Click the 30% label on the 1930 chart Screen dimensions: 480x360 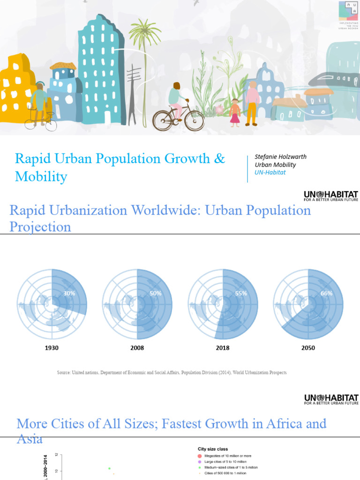(70, 294)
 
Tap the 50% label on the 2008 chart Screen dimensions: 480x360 (156, 293)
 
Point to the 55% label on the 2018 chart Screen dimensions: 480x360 (241, 293)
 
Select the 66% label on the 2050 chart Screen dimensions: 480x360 (327, 293)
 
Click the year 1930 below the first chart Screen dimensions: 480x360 (52, 348)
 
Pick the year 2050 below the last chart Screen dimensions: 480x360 (308, 348)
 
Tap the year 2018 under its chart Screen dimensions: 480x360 (223, 348)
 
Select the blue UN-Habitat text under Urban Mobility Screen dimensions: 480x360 (270, 172)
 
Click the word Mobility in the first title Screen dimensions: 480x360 (41, 177)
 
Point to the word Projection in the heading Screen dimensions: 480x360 (40, 227)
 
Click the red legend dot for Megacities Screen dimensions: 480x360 (199, 456)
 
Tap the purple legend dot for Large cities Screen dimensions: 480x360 (199, 462)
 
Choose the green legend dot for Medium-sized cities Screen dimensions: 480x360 (199, 467)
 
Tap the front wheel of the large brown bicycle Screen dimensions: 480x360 (194, 120)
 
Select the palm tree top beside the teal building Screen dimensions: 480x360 (145, 32)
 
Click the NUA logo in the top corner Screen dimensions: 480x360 (348, 10)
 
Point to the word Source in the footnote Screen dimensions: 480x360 (64, 372)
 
